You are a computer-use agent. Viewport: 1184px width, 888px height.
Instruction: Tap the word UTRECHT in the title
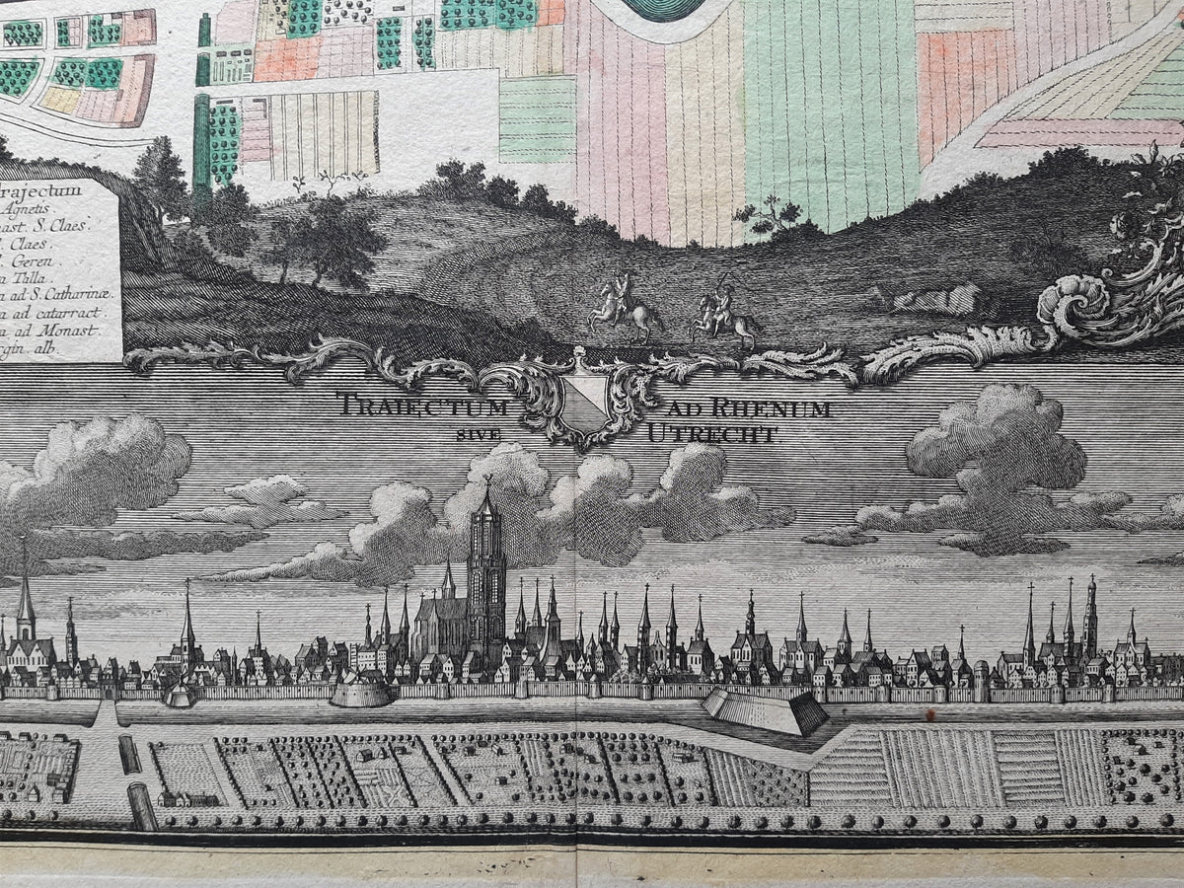pyautogui.click(x=712, y=433)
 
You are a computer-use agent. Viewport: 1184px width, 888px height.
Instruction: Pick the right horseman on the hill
pyautogui.click(x=723, y=314)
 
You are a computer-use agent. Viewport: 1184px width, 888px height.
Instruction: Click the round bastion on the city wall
pyautogui.click(x=359, y=693)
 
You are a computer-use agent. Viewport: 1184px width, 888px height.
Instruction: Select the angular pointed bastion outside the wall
pyautogui.click(x=765, y=709)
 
